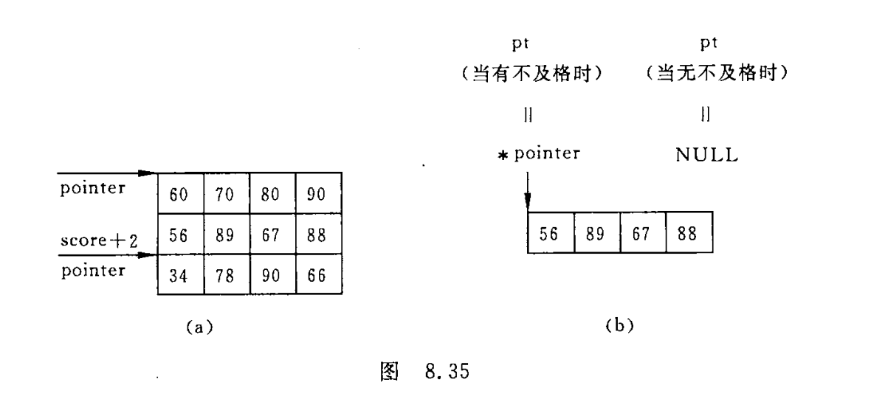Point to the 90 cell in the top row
coord(318,195)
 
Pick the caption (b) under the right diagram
coord(619,326)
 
